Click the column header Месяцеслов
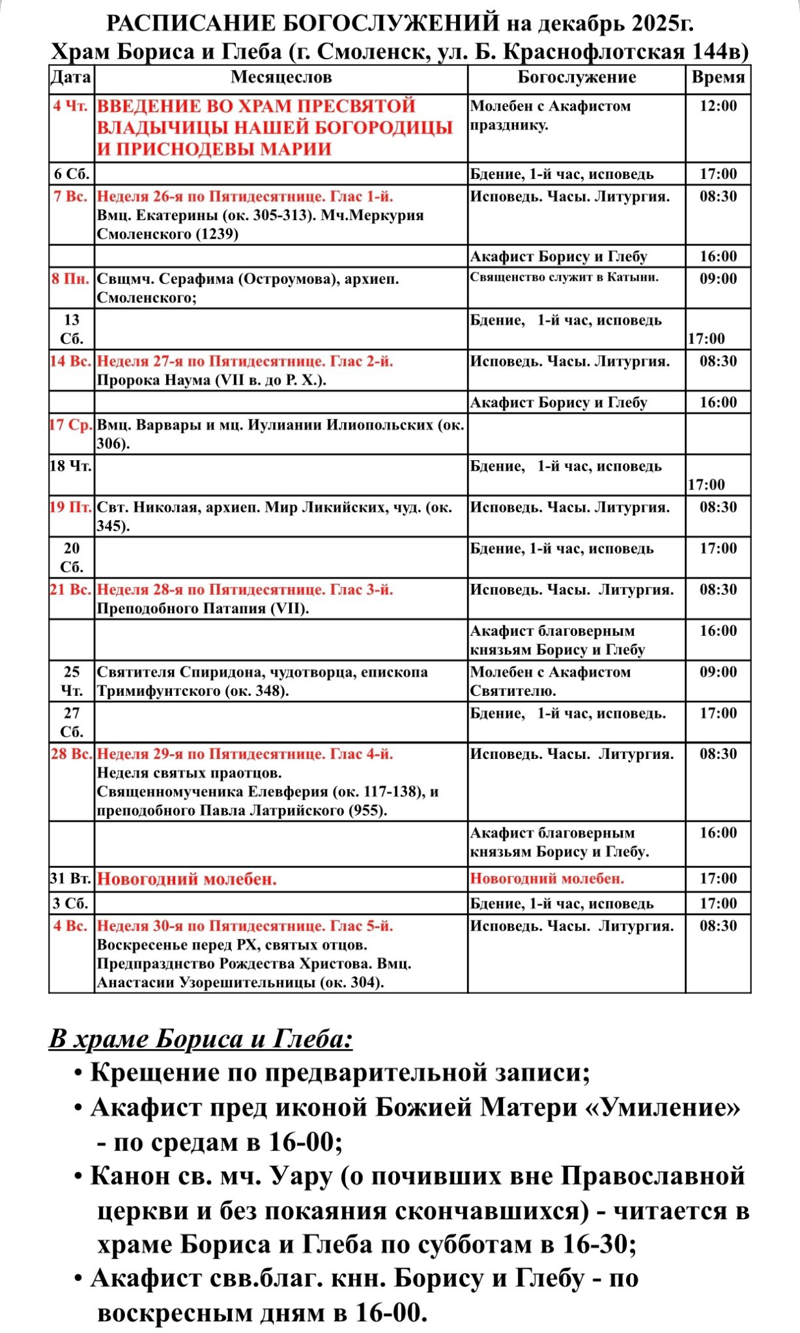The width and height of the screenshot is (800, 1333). coord(281,77)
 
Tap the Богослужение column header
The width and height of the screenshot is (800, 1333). coord(577,77)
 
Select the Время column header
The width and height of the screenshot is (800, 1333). coord(718,77)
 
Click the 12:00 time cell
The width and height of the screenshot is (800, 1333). coord(718,106)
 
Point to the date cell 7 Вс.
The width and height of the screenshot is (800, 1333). coord(71,197)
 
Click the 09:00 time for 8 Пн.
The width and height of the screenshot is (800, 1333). coord(718,279)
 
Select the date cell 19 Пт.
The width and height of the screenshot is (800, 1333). coord(71,507)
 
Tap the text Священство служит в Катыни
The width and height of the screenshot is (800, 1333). coord(564,277)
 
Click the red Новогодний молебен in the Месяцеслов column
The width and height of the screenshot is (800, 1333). coord(187,879)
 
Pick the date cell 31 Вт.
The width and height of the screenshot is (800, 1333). coord(71,879)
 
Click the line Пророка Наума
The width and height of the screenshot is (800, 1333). coord(211,380)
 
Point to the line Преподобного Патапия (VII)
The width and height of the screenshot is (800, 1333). coord(203,609)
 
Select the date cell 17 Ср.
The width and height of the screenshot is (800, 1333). coord(71,425)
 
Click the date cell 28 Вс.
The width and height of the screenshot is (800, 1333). coord(71,754)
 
